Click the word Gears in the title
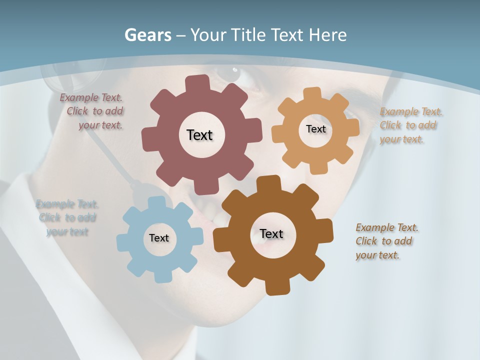point(147,35)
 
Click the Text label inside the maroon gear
point(199,135)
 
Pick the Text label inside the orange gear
point(315,129)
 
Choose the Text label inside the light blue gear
point(159,238)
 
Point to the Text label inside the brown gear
point(271,233)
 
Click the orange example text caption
point(408,125)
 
